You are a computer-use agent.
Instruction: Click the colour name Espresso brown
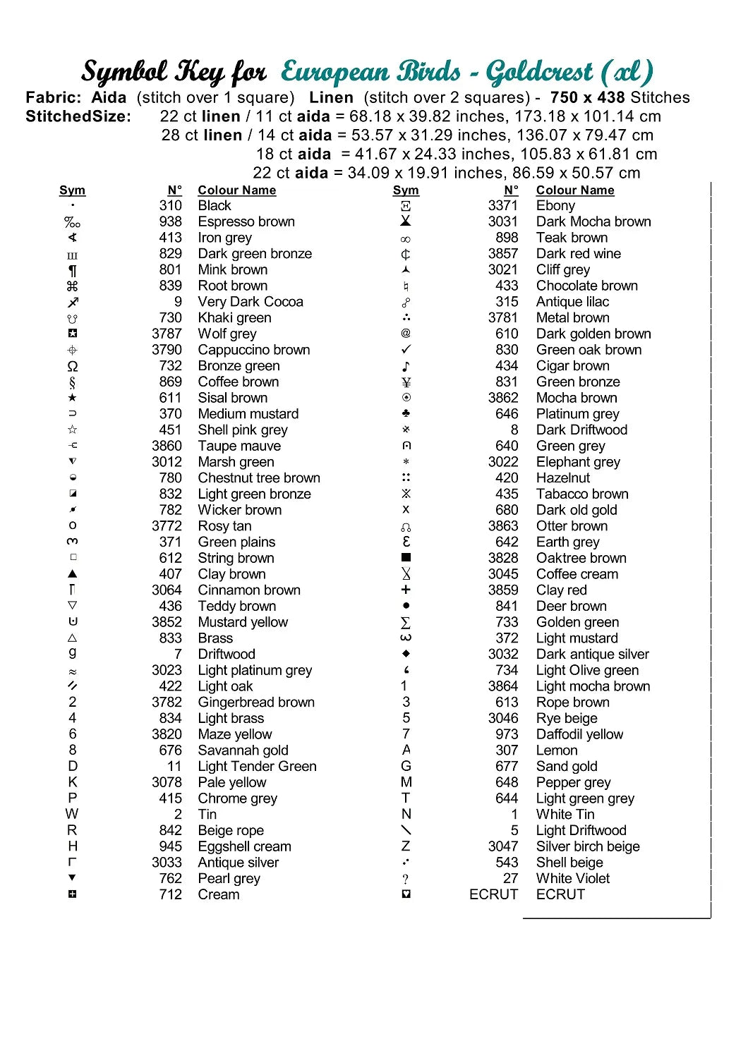pyautogui.click(x=246, y=221)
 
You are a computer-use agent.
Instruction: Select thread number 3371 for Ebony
pyautogui.click(x=502, y=205)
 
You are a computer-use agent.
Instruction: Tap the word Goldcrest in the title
pyautogui.click(x=540, y=72)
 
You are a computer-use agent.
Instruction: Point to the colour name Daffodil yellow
pyautogui.click(x=579, y=734)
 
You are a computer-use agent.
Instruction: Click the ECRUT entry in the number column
pyautogui.click(x=493, y=894)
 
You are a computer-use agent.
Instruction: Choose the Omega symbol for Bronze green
pyautogui.click(x=73, y=366)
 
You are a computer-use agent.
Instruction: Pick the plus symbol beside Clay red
pyautogui.click(x=406, y=590)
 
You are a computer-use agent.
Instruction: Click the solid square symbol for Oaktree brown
pyautogui.click(x=406, y=558)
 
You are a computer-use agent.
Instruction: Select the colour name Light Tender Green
pyautogui.click(x=257, y=766)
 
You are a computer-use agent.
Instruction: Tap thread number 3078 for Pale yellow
pyautogui.click(x=167, y=782)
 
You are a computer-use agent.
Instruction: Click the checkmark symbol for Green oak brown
pyautogui.click(x=406, y=350)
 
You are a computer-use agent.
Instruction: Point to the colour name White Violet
pyautogui.click(x=573, y=878)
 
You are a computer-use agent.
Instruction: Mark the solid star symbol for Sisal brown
pyautogui.click(x=73, y=398)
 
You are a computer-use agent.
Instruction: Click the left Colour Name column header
pyautogui.click(x=236, y=190)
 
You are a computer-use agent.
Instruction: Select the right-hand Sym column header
pyautogui.click(x=406, y=190)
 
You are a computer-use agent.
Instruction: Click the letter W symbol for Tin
pyautogui.click(x=72, y=814)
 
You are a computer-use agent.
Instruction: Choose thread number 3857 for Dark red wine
pyautogui.click(x=502, y=253)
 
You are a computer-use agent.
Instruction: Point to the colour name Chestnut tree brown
pyautogui.click(x=259, y=478)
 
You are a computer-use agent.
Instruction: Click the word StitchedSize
pyautogui.click(x=78, y=116)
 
